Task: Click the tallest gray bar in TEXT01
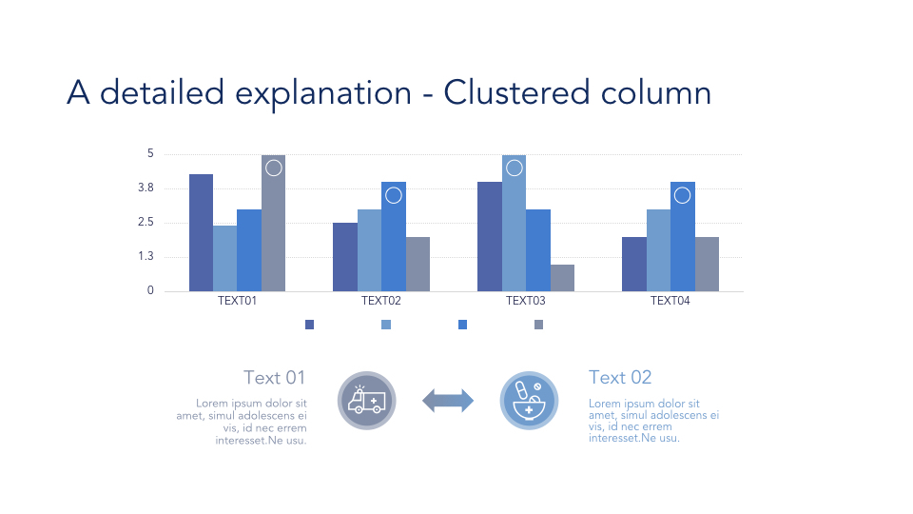273,223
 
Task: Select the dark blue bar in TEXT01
201,232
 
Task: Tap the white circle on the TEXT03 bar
515,168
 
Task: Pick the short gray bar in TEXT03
562,278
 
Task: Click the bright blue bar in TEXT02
394,237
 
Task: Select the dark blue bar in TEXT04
634,264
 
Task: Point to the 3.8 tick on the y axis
146,188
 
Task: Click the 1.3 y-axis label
146,256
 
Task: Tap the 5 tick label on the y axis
151,153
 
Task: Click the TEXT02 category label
380,301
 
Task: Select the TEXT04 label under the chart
670,301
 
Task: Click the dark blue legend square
309,325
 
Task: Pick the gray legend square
538,325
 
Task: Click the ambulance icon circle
367,401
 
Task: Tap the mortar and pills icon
529,401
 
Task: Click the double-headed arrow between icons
448,401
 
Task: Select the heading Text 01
274,378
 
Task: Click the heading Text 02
620,378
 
